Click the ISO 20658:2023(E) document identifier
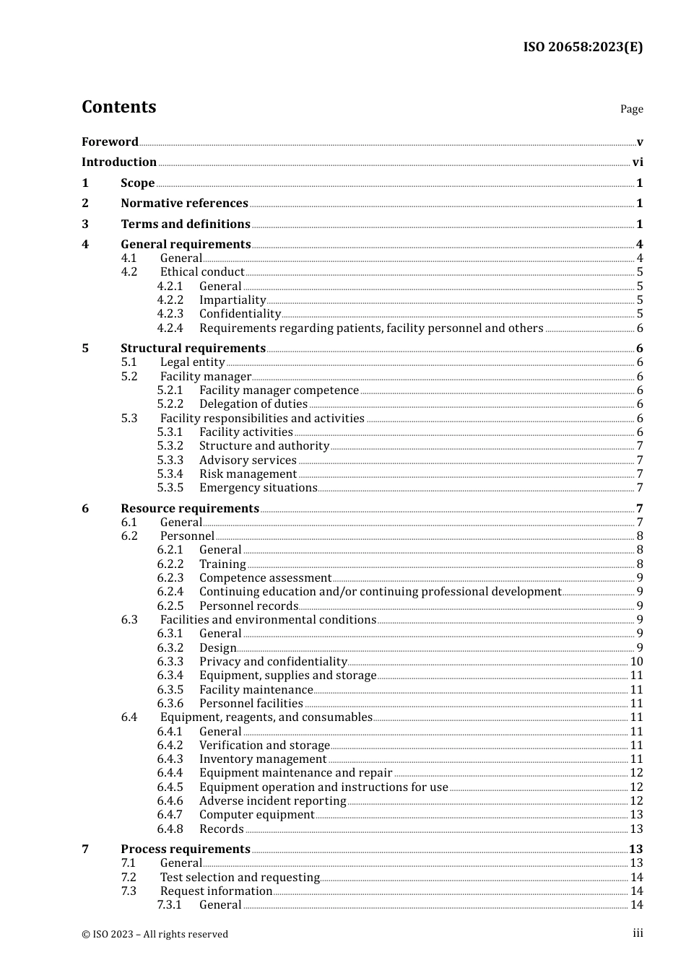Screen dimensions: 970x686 tap(583, 47)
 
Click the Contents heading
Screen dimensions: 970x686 tap(118, 107)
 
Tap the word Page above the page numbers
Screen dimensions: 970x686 tap(631, 109)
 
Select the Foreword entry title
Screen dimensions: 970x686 tap(110, 141)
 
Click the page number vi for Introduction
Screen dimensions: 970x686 tap(638, 162)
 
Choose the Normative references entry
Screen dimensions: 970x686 tap(184, 204)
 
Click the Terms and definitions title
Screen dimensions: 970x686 tap(186, 224)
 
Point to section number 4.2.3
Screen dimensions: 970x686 tap(170, 314)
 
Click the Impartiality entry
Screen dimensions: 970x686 tap(233, 300)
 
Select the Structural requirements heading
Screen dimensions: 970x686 tap(193, 349)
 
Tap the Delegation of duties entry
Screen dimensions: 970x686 tap(253, 404)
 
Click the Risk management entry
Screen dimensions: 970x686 tap(248, 474)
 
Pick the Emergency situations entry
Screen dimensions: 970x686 tap(258, 488)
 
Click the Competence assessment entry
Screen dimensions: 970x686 tap(265, 578)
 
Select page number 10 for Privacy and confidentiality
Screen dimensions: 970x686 tap(636, 662)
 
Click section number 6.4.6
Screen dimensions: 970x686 tap(170, 801)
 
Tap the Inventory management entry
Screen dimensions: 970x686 tap(263, 759)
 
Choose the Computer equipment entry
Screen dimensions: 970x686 tap(256, 815)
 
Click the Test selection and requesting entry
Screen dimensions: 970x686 tap(240, 878)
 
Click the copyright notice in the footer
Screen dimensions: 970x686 tap(155, 934)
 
